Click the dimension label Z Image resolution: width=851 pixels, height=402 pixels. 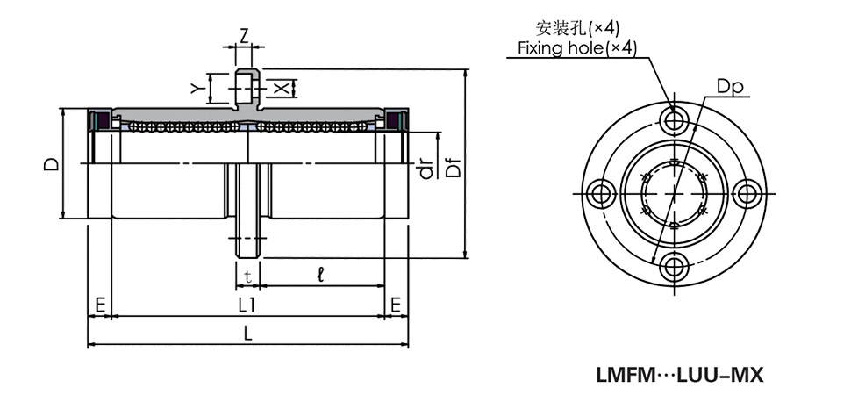pyautogui.click(x=246, y=35)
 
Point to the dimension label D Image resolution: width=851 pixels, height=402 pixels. pyautogui.click(x=52, y=163)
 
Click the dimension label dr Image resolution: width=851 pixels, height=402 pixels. pyautogui.click(x=427, y=168)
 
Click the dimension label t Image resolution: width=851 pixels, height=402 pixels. pyautogui.click(x=248, y=276)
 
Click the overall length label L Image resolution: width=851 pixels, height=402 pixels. pyautogui.click(x=248, y=334)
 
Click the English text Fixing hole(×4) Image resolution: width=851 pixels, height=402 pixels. pyautogui.click(x=576, y=47)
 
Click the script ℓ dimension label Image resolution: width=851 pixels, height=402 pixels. pyautogui.click(x=321, y=276)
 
